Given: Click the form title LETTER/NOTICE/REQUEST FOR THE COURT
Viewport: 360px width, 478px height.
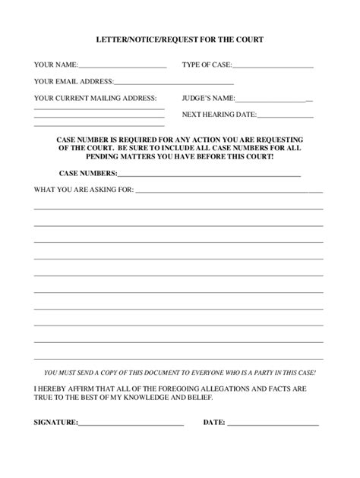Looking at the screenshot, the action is [180, 39].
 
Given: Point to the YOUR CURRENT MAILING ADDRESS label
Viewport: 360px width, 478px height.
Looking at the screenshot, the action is [96, 98].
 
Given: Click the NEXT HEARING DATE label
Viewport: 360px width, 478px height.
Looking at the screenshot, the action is [219, 115].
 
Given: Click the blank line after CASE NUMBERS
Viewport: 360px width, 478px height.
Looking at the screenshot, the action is [209, 175].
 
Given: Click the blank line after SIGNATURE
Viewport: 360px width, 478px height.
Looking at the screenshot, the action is [131, 425].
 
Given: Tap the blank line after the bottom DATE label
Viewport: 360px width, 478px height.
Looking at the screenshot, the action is [273, 425].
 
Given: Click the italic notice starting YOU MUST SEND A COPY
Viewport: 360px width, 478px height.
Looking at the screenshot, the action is [180, 374].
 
